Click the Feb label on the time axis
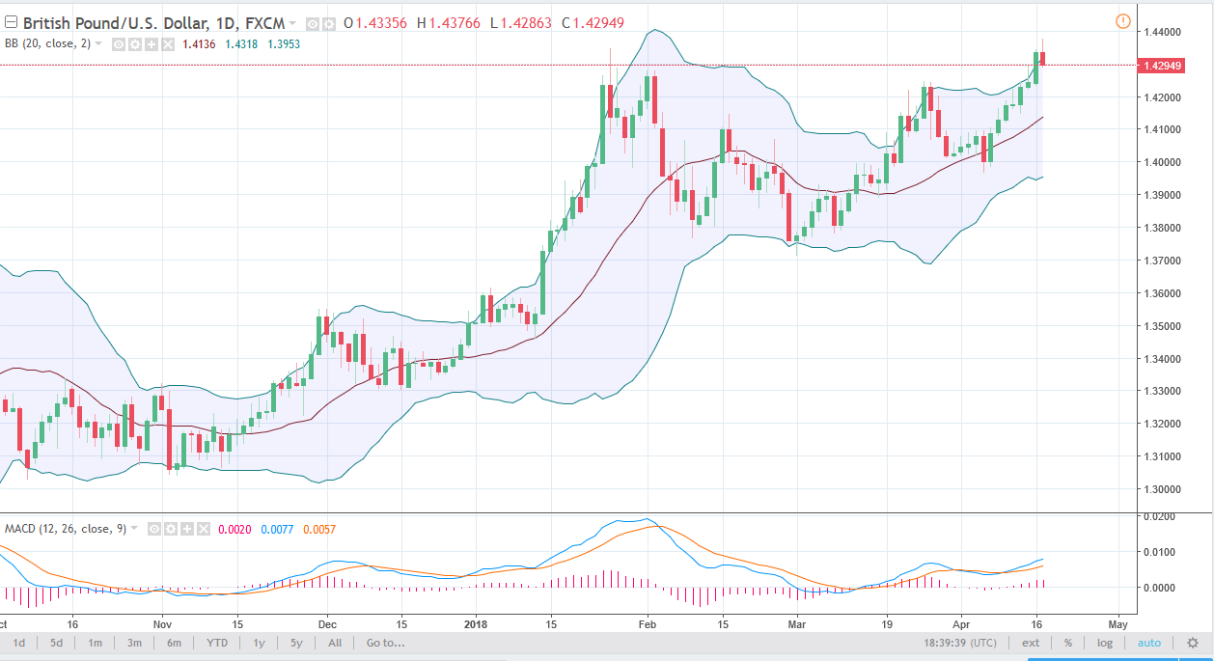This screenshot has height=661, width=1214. [x=648, y=623]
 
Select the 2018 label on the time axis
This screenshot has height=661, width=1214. [x=476, y=623]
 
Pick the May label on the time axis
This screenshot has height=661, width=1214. [x=1119, y=623]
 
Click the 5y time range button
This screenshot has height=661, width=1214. [x=296, y=643]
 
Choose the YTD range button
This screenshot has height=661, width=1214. [x=217, y=643]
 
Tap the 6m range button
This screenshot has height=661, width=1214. [x=175, y=643]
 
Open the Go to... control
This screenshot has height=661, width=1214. [x=385, y=643]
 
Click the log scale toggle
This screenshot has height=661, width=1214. [x=1105, y=643]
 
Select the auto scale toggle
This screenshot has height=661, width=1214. [x=1149, y=643]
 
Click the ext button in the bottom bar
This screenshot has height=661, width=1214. [x=1032, y=643]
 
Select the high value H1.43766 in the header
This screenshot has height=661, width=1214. [x=449, y=23]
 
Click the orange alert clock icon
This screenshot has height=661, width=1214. [x=1122, y=21]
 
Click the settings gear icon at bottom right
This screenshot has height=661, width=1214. [x=1193, y=643]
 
